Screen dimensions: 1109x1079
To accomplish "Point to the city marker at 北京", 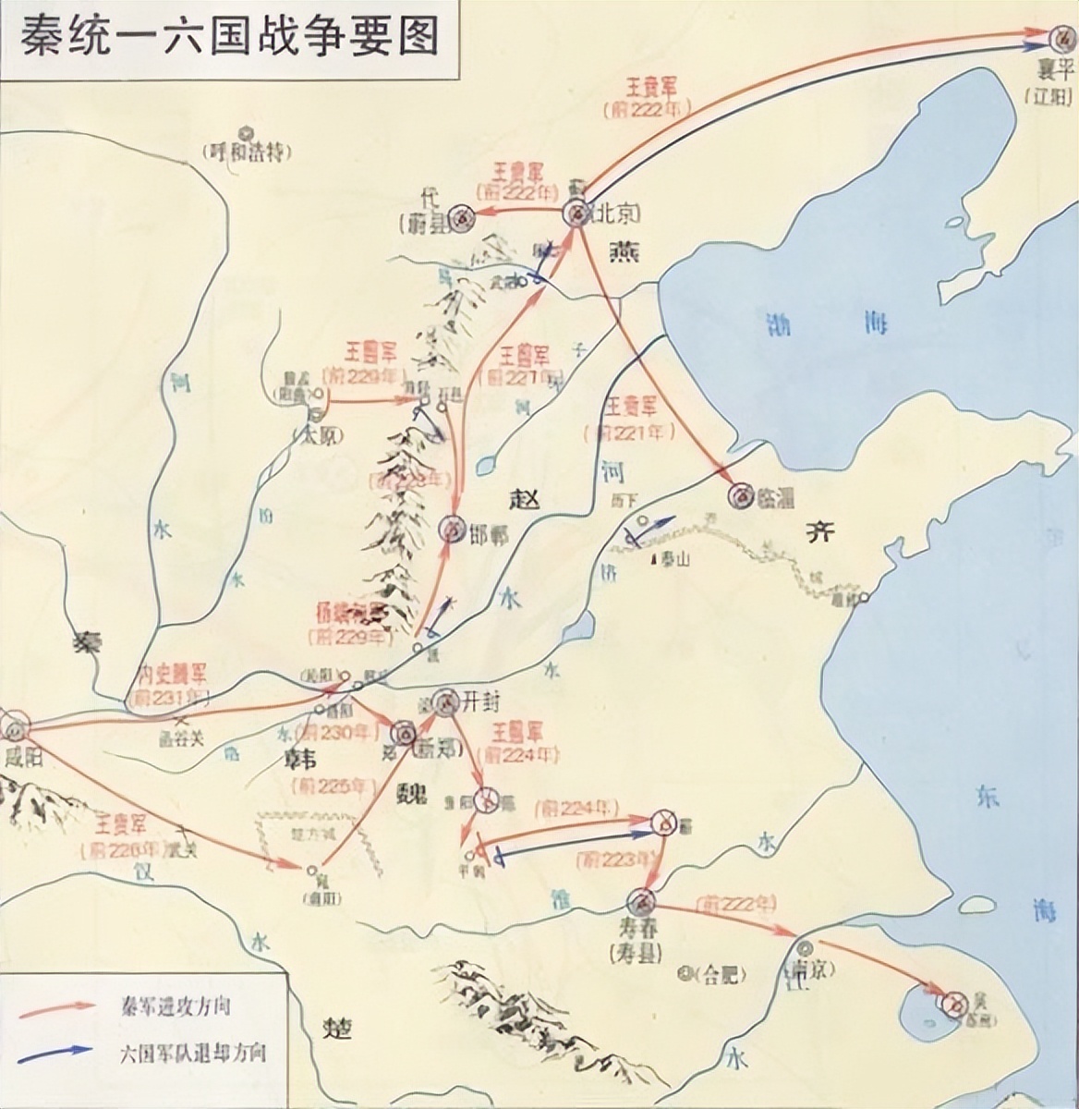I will point(577,213).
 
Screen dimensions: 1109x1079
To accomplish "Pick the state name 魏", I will point(411,790).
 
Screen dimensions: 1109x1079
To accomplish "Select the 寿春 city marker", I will point(640,901).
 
